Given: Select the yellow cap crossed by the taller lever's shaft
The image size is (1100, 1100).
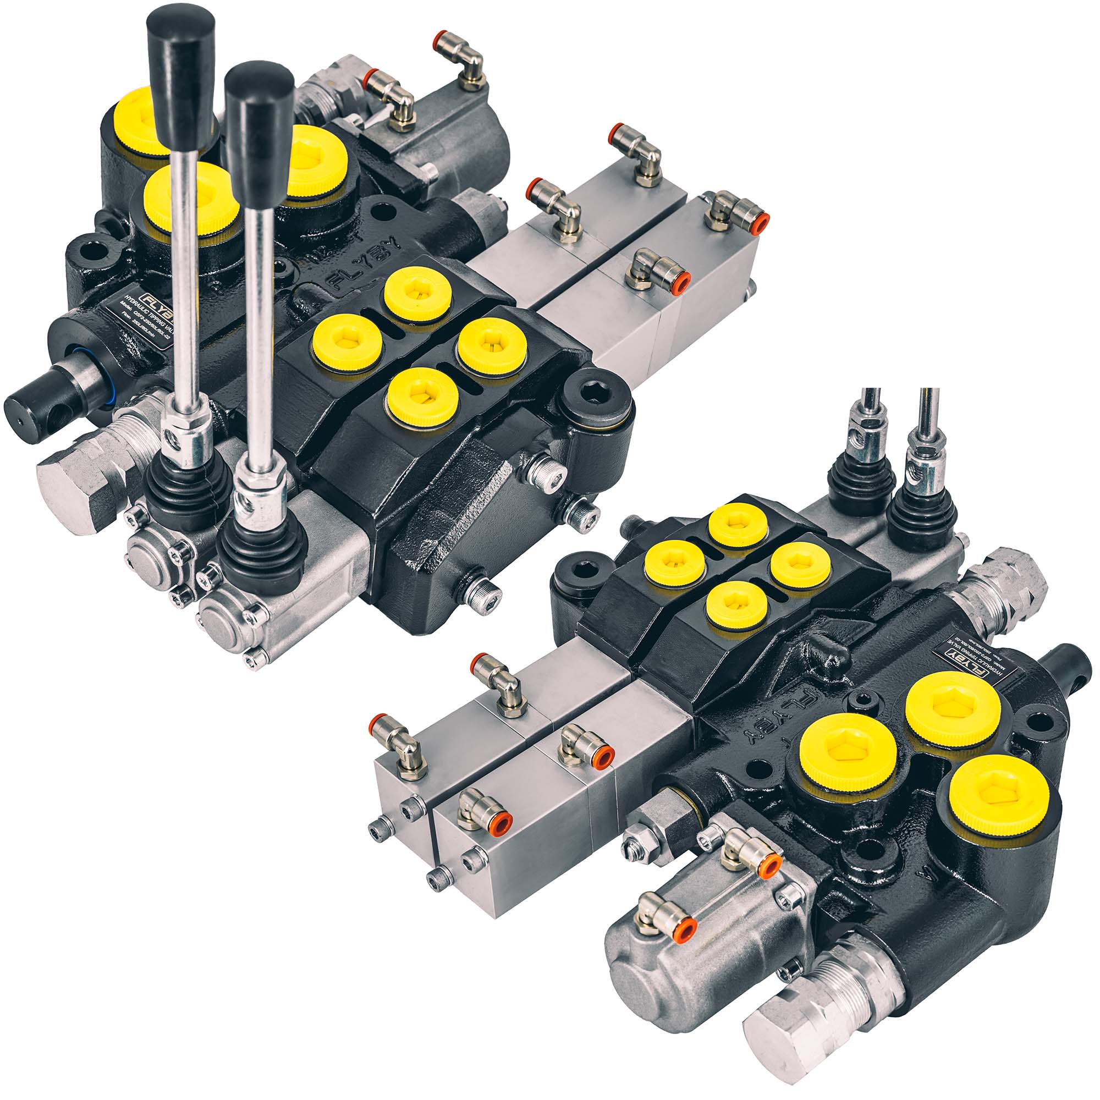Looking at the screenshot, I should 188,196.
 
